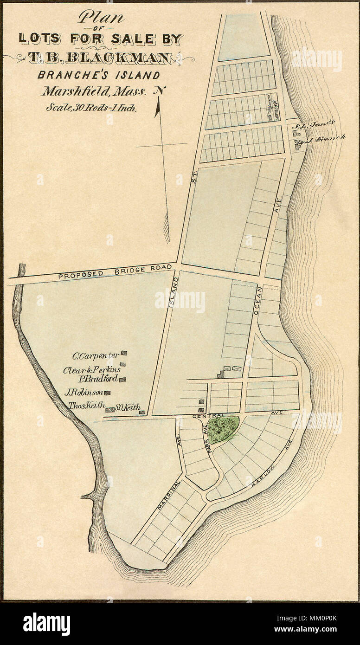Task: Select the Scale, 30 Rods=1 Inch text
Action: tap(90, 109)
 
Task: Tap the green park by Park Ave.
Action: tap(223, 429)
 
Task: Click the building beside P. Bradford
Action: tap(123, 380)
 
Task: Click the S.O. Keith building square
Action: tap(142, 412)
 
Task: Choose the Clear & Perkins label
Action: tap(91, 370)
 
